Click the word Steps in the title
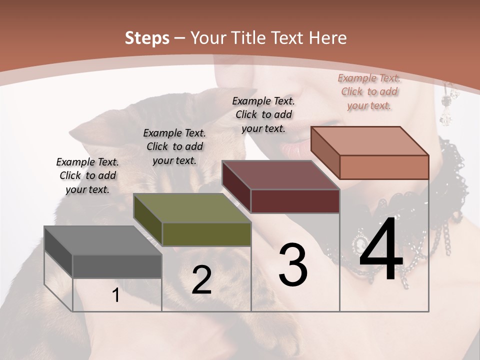[x=147, y=38]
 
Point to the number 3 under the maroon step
[x=293, y=264]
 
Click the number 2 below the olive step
[x=201, y=280]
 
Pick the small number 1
[x=116, y=295]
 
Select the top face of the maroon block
[x=280, y=175]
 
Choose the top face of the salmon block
[x=369, y=141]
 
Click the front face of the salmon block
[x=384, y=167]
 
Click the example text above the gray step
[x=88, y=175]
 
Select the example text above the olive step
[x=174, y=146]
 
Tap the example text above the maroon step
[x=263, y=114]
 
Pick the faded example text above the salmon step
[x=369, y=91]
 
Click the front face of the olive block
[x=206, y=234]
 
